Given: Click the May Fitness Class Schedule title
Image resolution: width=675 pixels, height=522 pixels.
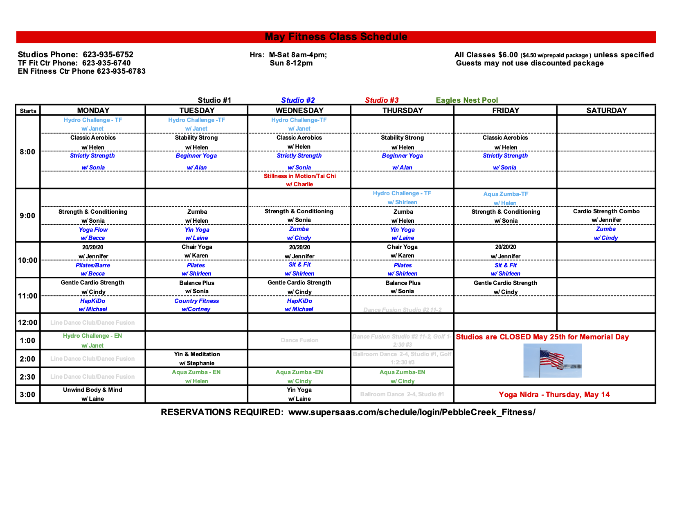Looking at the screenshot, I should click(336, 37).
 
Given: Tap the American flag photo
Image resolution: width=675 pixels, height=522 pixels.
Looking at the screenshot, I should click(552, 360).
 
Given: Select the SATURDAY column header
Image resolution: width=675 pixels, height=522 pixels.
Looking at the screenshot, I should click(606, 110).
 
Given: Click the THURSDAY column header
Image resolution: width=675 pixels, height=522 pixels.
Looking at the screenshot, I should click(403, 110).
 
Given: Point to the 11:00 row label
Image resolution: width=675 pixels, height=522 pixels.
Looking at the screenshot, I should click(28, 296).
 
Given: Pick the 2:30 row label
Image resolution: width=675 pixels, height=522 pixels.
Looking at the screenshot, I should click(28, 377).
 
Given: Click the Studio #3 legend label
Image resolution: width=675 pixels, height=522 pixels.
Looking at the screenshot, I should click(382, 100).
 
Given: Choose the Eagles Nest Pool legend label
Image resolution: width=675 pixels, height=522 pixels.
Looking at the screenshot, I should click(467, 100).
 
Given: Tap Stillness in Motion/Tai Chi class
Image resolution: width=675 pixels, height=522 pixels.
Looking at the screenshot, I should click(299, 176).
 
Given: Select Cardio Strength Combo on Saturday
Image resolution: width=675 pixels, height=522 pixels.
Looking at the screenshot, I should click(606, 211).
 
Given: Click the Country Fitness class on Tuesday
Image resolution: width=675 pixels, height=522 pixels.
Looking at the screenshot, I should click(196, 301).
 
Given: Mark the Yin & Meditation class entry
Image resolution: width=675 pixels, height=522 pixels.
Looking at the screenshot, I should click(197, 354).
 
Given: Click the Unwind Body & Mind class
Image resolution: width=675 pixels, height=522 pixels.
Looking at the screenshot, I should click(92, 390).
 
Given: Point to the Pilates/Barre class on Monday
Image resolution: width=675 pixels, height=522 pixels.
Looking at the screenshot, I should click(93, 265).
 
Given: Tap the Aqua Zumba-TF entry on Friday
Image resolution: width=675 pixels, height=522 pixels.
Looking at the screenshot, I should click(506, 194).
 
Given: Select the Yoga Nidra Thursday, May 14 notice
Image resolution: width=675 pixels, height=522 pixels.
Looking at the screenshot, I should click(554, 395).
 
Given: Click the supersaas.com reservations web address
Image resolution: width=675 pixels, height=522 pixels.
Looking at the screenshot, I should click(412, 412).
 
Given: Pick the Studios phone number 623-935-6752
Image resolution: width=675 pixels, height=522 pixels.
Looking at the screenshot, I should click(108, 55).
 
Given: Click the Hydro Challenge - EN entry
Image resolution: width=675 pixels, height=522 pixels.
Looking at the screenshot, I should click(92, 336).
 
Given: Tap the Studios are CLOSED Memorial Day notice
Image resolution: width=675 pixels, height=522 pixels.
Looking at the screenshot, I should click(542, 337).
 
